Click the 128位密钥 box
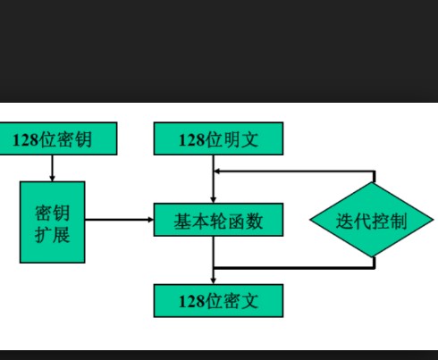pos(58,138)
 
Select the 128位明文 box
pos(218,138)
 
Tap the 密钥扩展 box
pos(53,222)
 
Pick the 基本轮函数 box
pos(218,220)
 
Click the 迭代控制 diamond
pos(372,220)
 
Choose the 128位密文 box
pos(218,301)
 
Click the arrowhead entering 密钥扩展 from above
pos(53,179)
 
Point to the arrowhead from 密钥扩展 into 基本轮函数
pos(151,220)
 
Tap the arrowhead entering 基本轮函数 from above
pos(214,200)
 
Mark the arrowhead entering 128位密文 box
pos(214,281)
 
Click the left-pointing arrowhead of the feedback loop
pos(217,172)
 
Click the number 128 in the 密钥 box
pos(26,139)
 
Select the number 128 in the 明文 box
pos(192,139)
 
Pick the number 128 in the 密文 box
pos(192,301)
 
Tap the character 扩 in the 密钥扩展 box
pos(44,235)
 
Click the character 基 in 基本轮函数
pos(182,222)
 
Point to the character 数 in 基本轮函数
pos(254,222)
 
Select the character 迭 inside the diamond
pos(345,222)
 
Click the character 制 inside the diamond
pos(398,222)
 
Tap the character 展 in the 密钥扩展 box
pos(62,235)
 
